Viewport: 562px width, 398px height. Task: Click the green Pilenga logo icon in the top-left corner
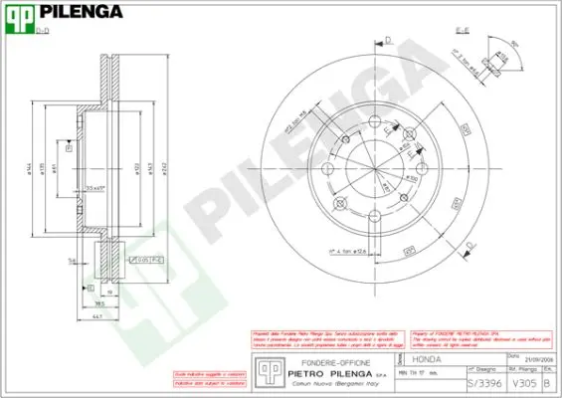click(x=20, y=17)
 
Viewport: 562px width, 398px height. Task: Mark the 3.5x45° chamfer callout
click(x=96, y=187)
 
